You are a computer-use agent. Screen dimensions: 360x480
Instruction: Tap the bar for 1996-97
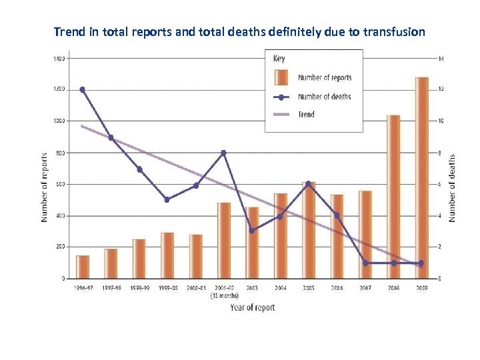83,267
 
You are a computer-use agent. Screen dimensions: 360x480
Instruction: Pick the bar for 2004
280,236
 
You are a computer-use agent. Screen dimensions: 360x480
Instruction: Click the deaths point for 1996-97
82,89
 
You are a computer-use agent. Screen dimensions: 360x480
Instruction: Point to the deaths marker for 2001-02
223,153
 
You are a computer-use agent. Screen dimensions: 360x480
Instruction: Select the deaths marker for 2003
251,231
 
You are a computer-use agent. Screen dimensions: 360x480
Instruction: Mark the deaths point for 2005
308,183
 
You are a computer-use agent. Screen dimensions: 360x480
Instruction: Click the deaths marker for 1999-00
167,199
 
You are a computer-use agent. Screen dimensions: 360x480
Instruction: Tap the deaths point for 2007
365,263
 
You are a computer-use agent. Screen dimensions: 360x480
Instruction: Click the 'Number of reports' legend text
325,78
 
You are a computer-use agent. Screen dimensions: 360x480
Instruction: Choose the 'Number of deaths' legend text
324,97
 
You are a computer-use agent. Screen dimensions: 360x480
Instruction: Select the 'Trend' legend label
306,114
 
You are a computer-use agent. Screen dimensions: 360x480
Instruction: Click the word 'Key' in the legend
279,59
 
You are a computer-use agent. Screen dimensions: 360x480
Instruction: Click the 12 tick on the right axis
440,89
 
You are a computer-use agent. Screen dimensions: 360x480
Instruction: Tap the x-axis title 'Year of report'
252,307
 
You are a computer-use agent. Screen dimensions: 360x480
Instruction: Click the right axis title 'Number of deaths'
452,188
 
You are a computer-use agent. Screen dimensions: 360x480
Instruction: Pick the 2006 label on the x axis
337,288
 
